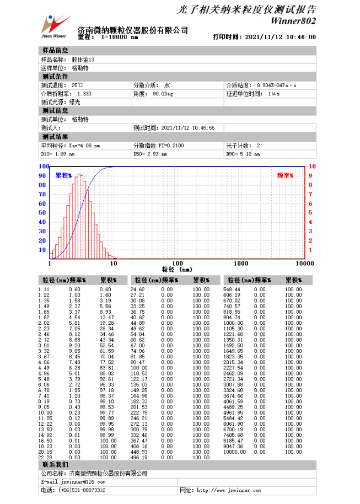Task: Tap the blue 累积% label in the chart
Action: (x=64, y=175)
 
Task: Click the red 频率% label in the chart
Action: (x=284, y=175)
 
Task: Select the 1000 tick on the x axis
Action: (x=241, y=264)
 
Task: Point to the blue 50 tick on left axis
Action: (x=43, y=213)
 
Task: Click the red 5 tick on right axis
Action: (x=311, y=213)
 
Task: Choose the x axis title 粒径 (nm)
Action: (x=177, y=270)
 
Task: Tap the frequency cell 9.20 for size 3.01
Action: (x=75, y=346)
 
